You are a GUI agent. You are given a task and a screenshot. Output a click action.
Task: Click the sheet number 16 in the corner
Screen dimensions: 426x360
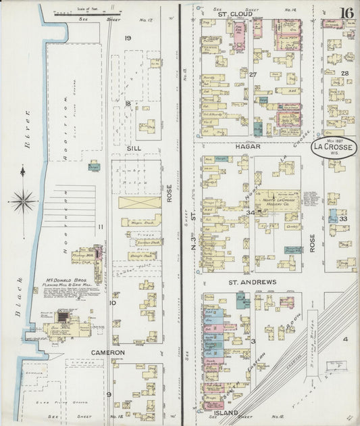pyautogui.click(x=346, y=14)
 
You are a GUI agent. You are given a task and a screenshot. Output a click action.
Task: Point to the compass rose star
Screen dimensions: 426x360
pyautogui.click(x=23, y=200)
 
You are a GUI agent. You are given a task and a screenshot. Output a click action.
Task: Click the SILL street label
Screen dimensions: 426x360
pyautogui.click(x=134, y=146)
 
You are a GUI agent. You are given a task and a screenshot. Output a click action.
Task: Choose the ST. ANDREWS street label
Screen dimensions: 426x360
pyautogui.click(x=251, y=281)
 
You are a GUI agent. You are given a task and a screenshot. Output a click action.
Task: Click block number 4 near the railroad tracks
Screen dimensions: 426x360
pyautogui.click(x=344, y=338)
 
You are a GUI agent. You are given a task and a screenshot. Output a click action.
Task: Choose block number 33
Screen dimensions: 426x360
pyautogui.click(x=344, y=218)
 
